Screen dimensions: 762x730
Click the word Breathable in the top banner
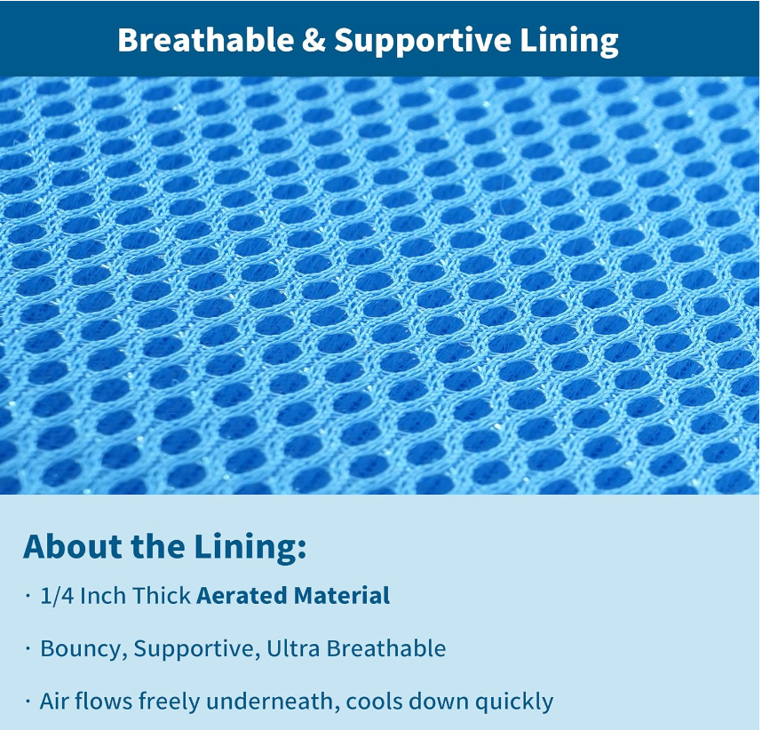[x=205, y=39]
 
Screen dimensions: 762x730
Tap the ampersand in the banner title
[x=314, y=40]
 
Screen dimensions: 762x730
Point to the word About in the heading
[x=73, y=546]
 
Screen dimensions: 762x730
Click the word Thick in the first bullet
[x=162, y=596]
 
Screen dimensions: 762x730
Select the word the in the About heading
[x=158, y=546]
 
